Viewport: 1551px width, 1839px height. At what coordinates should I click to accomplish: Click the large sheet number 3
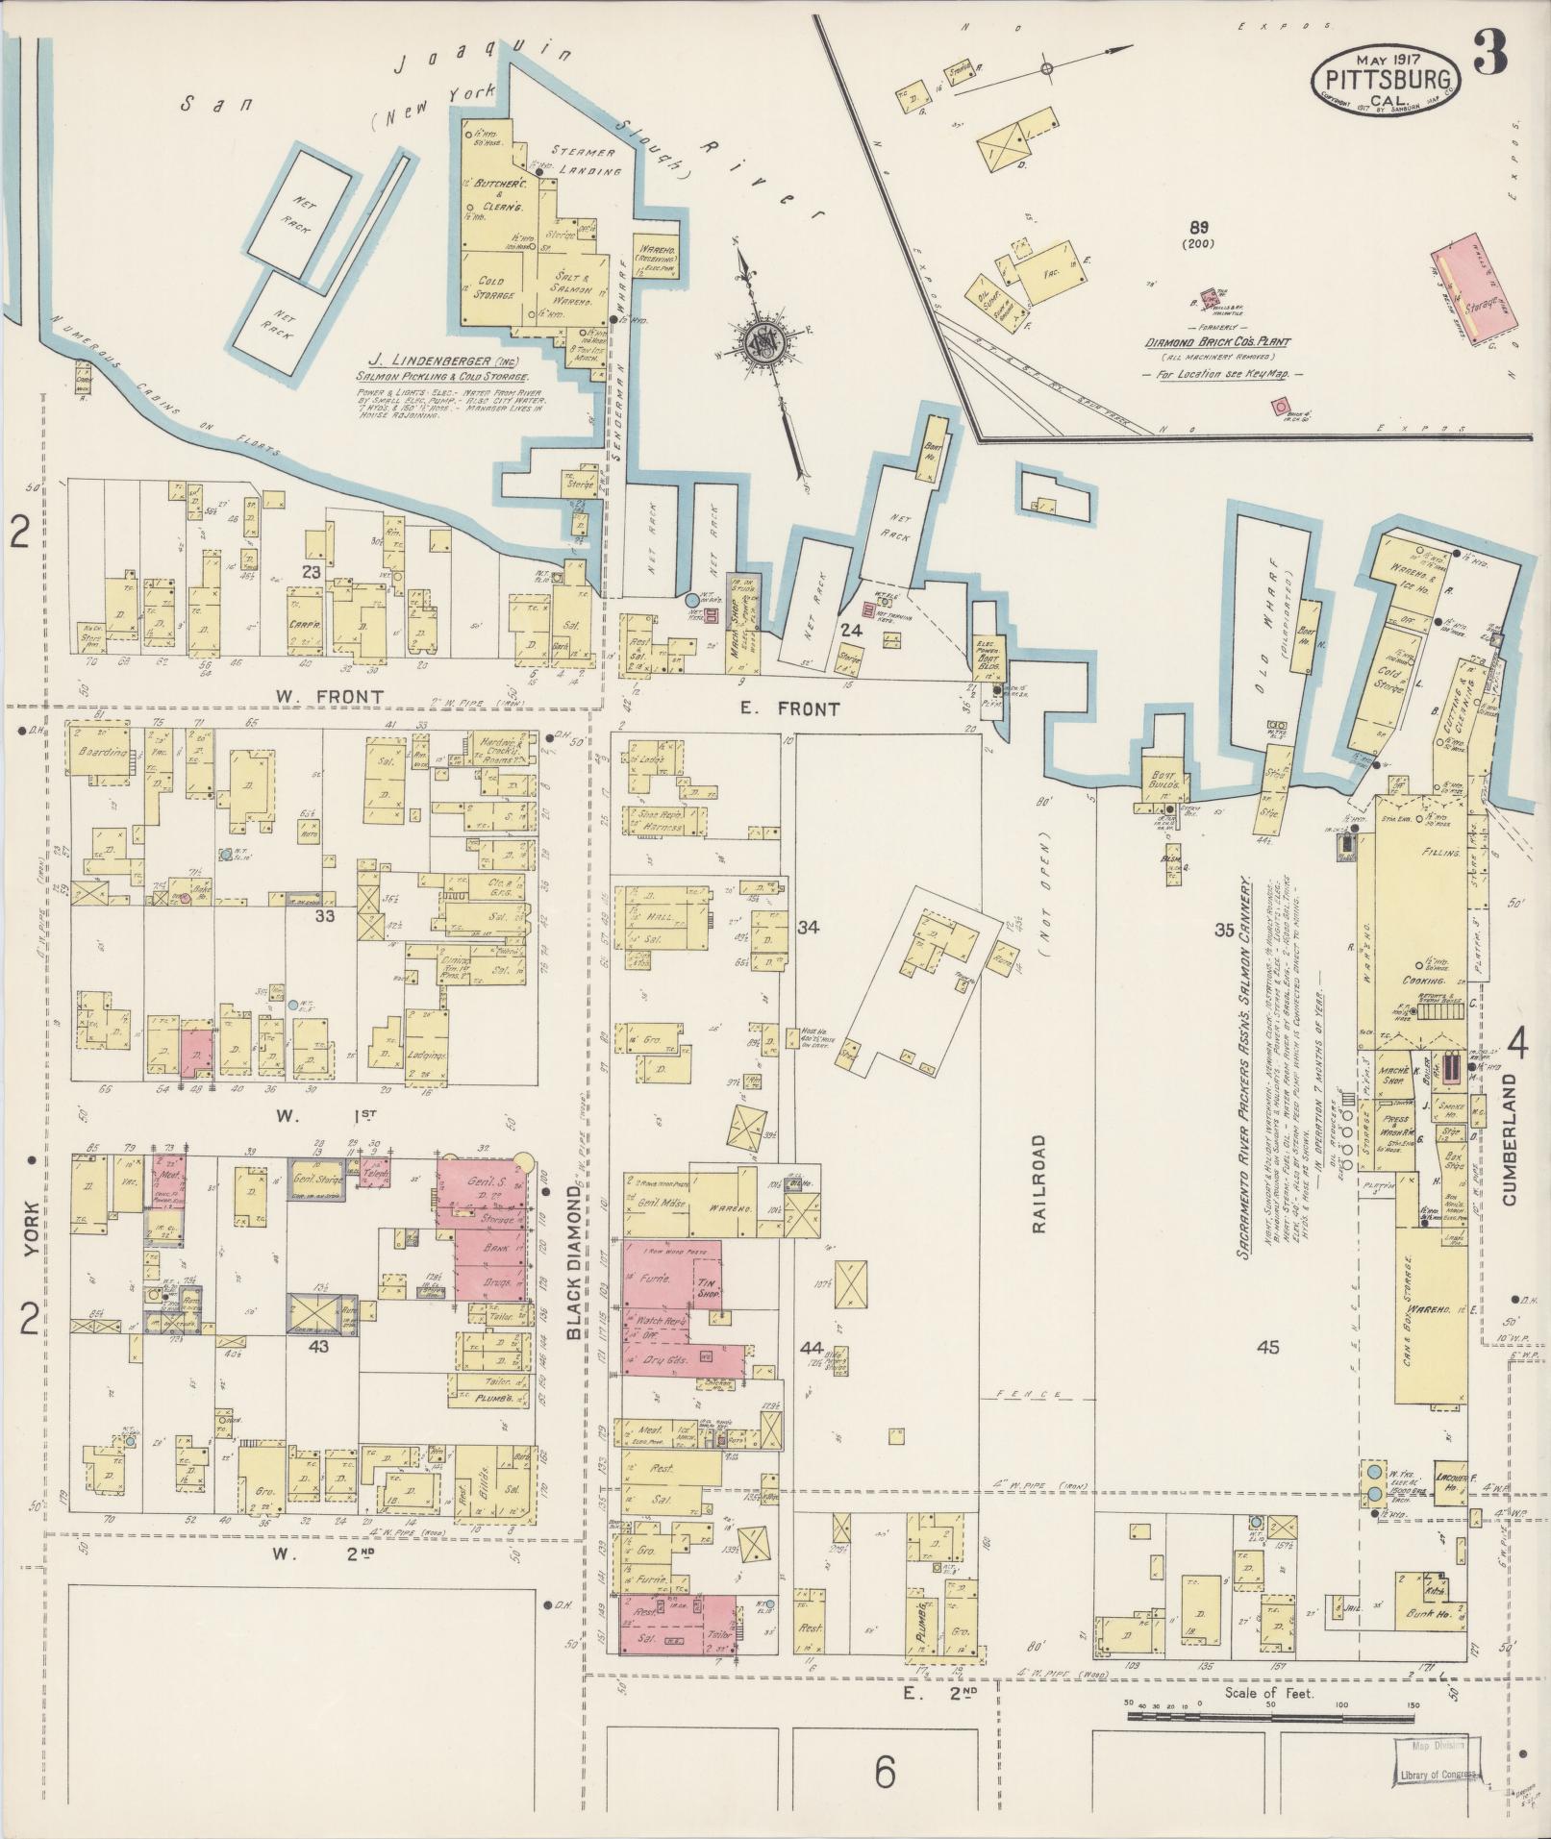tap(1490, 52)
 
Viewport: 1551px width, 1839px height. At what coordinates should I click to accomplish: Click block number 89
tap(1198, 228)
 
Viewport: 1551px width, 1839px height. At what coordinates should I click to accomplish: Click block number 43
tap(318, 1346)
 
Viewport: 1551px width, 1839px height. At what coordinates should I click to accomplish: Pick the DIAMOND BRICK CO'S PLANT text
tap(1216, 342)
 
